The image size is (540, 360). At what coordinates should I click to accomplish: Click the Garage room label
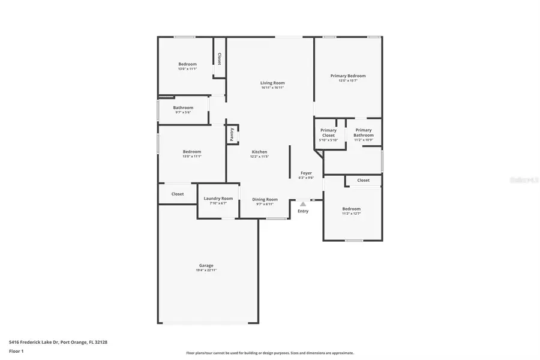[206, 265]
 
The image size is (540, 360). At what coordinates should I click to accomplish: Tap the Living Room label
[272, 83]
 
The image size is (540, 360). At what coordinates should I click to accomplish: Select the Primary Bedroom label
[348, 76]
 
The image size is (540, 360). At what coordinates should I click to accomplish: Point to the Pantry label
[232, 135]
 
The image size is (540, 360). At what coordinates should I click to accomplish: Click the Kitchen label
[259, 152]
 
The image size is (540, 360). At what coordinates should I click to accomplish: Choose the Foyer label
[306, 173]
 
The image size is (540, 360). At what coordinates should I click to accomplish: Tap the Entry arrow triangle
[303, 204]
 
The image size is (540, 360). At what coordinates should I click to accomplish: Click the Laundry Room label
[218, 199]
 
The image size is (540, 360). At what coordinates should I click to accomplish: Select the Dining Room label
[265, 199]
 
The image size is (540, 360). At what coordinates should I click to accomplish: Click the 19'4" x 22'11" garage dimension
[206, 270]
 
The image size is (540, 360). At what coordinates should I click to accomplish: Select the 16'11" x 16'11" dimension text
[272, 88]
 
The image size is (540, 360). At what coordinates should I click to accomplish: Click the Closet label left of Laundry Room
[178, 194]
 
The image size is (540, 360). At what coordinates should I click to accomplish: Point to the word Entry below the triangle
[303, 211]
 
